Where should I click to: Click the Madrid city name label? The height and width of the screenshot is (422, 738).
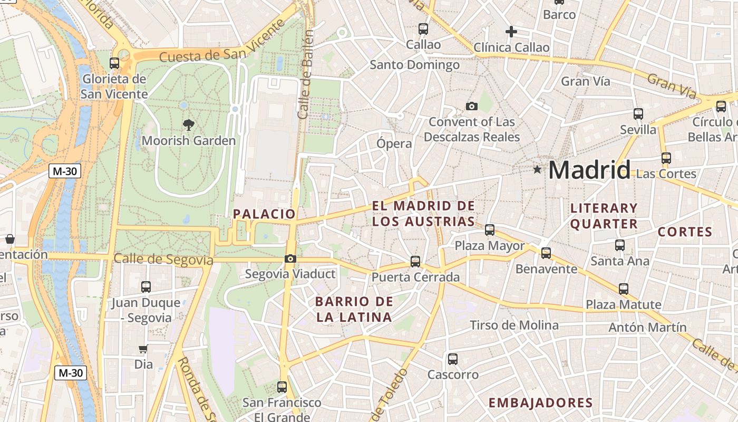589,170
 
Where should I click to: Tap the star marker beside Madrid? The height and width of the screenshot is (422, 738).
537,169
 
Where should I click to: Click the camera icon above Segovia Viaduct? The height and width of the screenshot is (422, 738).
290,258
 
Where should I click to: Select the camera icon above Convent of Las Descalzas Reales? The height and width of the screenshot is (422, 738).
472,106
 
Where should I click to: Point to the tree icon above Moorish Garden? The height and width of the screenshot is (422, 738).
188,125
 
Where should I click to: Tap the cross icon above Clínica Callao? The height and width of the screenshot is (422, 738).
511,32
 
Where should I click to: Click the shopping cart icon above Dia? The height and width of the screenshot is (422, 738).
143,349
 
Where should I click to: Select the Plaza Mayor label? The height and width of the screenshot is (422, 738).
490,246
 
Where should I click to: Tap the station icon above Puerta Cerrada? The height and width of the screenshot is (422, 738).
415,261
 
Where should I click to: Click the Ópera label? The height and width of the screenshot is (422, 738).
394,143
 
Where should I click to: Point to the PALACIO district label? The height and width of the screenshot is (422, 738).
264,214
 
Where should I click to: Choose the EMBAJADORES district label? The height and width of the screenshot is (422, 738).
540,403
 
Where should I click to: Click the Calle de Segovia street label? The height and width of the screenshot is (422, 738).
163,260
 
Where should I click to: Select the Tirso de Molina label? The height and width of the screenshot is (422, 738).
514,325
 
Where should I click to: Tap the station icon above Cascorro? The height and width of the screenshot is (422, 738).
452,359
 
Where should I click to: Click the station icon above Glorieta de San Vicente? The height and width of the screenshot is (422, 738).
114,63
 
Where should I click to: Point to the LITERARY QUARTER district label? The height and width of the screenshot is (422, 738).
604,216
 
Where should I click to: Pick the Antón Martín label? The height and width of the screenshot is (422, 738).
647,327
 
